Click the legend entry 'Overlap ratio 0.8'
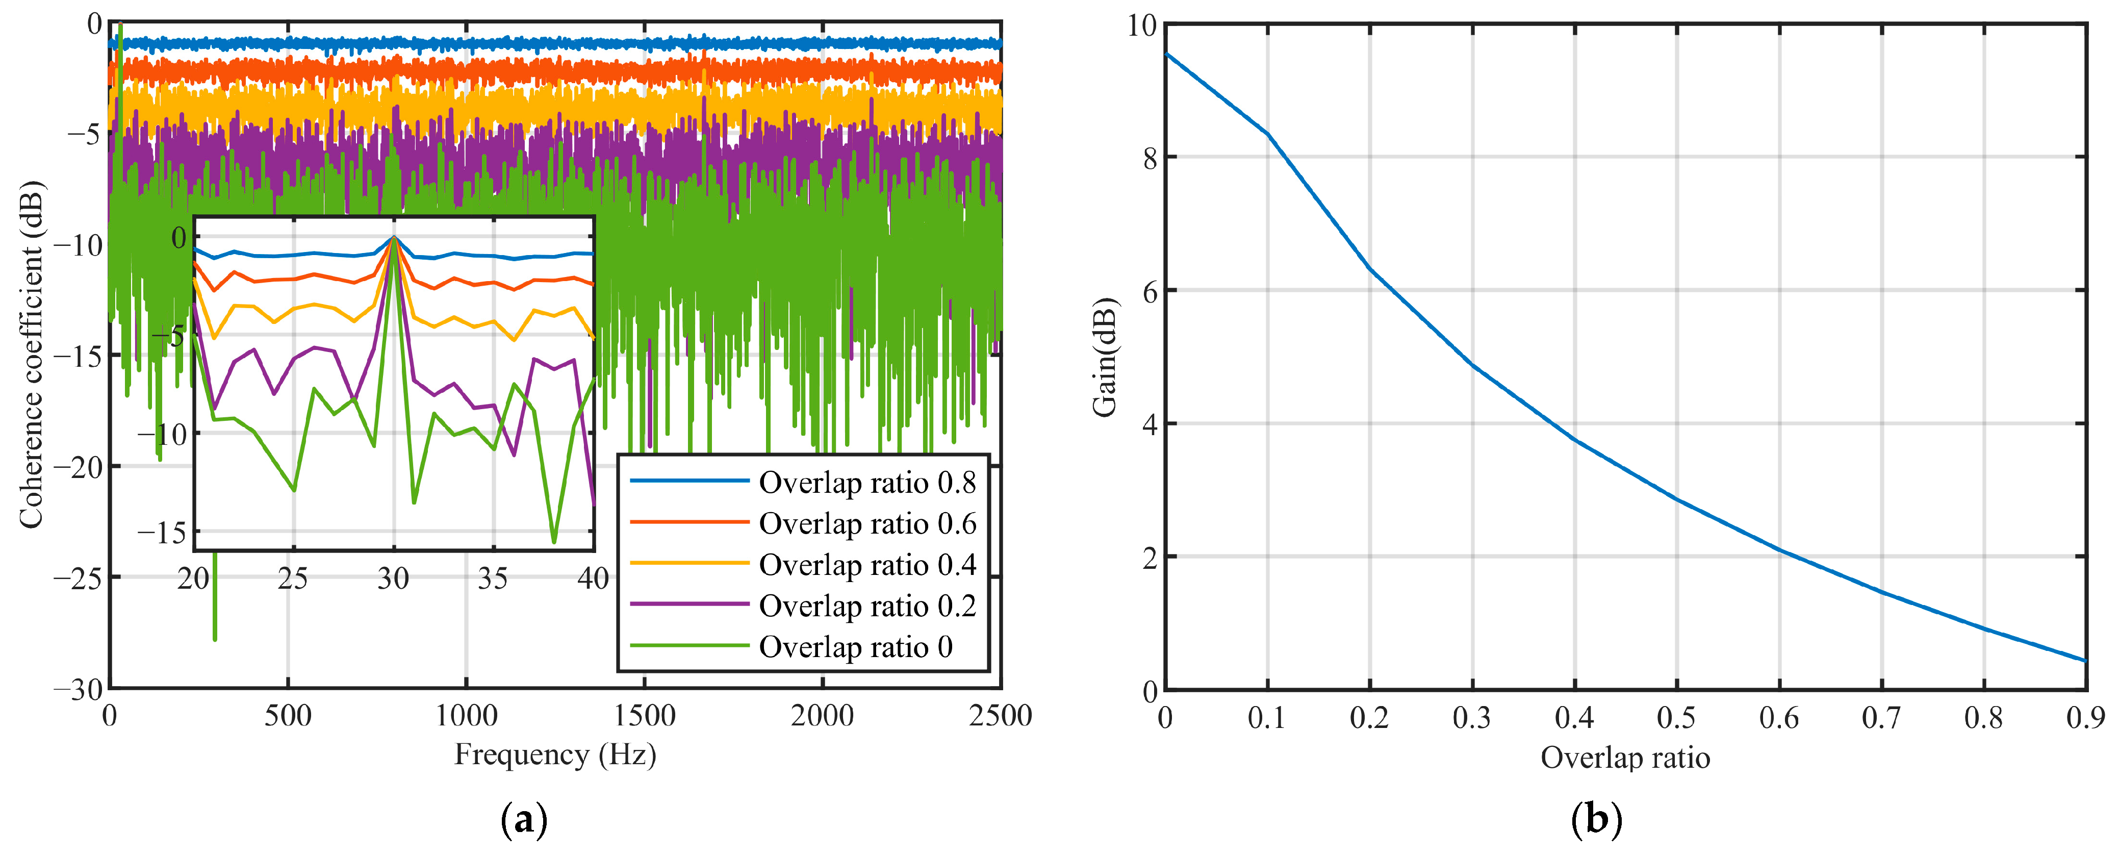(867, 483)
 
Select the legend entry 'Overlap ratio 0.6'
(867, 524)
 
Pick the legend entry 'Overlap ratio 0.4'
(867, 565)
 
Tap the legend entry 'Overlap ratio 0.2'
(867, 607)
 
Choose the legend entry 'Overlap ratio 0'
(855, 648)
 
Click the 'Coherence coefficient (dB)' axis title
(31, 355)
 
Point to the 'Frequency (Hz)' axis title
(555, 755)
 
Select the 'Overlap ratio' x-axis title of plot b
(1625, 758)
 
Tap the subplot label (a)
(524, 820)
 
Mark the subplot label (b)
(1596, 820)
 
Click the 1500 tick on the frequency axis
(644, 716)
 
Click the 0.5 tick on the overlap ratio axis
(1676, 718)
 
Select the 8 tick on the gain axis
(1149, 158)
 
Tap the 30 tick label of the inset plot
(393, 580)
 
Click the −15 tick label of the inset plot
(162, 533)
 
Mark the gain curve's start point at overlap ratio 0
(1166, 54)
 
